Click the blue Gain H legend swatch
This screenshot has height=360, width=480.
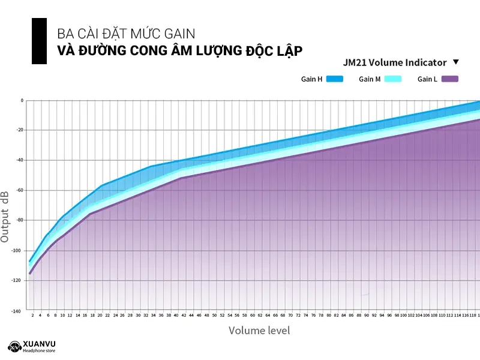335,79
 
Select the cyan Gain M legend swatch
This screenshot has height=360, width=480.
392,79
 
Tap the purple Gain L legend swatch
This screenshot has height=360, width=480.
449,79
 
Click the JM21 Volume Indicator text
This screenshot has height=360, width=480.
395,62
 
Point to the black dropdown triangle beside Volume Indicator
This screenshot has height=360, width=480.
456,62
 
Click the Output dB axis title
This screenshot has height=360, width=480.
5,217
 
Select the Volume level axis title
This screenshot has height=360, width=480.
259,330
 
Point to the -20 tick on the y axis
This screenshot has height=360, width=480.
19,130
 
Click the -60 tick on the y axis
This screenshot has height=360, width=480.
19,190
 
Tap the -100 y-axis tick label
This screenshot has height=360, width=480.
18,250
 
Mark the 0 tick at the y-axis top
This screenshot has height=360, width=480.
22,100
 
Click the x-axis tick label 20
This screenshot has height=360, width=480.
100,315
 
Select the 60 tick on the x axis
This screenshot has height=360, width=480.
253,315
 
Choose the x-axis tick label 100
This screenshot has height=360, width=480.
404,315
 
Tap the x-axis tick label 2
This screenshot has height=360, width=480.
32,315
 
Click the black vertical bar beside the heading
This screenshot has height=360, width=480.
39,41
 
